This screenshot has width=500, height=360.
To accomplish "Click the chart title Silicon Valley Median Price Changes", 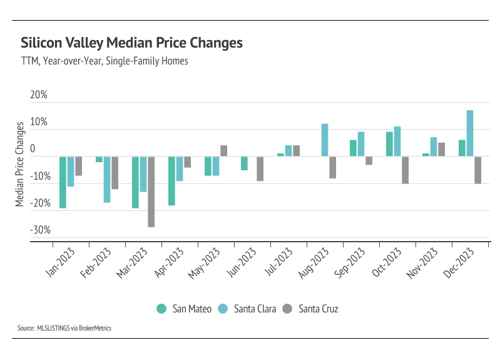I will pos(131,43).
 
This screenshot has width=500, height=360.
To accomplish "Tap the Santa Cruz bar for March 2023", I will pos(151,192).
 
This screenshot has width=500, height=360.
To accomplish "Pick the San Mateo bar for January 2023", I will pos(63,182).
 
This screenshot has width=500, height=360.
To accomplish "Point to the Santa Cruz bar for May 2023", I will pos(223,151).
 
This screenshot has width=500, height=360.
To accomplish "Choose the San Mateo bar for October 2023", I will pos(389,144).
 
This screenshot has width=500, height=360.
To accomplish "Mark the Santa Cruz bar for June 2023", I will pos(260,168).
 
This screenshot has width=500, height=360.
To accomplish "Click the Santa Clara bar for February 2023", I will pos(107,180).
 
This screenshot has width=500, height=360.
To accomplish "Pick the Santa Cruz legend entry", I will pos(313,309).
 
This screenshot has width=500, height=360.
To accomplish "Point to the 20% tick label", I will pos(39,95).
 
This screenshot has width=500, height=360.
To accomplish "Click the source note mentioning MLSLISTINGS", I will pos(64,327).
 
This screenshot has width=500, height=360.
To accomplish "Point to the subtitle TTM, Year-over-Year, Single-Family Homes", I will pos(105,61).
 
